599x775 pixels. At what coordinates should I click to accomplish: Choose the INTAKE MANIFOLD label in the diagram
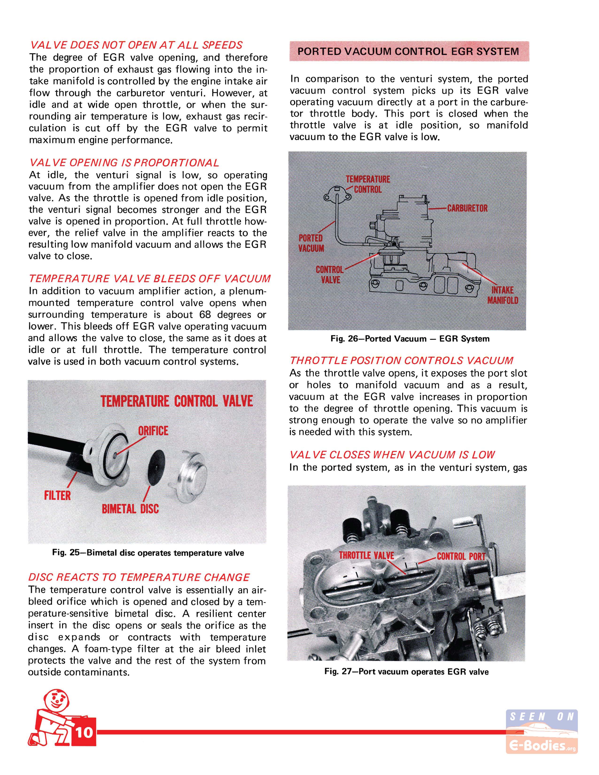pos(502,295)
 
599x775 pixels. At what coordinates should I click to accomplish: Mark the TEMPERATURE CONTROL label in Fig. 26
pos(368,184)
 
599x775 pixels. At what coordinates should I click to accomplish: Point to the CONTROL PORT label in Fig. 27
pos(461,556)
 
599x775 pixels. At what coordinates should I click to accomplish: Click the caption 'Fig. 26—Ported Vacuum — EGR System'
pos(410,339)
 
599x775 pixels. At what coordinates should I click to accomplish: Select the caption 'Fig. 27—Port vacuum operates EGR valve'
pos(406,672)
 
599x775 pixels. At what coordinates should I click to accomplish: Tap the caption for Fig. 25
pos(148,553)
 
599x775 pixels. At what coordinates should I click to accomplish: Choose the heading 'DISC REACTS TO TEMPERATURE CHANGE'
pos(139,577)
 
